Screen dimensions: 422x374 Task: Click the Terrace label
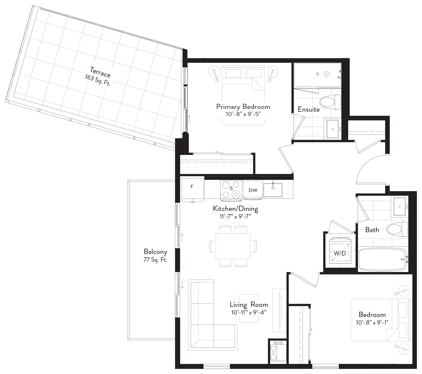pyautogui.click(x=100, y=72)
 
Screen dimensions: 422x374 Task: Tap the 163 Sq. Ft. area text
pyautogui.click(x=98, y=80)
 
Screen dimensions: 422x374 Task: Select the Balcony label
pyautogui.click(x=156, y=252)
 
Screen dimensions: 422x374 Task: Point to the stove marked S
pyautogui.click(x=231, y=189)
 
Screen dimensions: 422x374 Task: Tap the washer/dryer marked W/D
pyautogui.click(x=340, y=253)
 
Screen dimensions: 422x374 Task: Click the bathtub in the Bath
pyautogui.click(x=383, y=259)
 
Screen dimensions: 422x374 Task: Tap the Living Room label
pyautogui.click(x=249, y=304)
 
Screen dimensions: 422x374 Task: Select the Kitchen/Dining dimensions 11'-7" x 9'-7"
pyautogui.click(x=235, y=216)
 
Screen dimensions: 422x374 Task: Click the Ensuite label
pyautogui.click(x=309, y=109)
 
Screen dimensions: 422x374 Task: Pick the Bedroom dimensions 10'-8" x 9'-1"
pyautogui.click(x=372, y=323)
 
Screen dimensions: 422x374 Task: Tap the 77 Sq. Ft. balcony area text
pyautogui.click(x=156, y=260)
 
